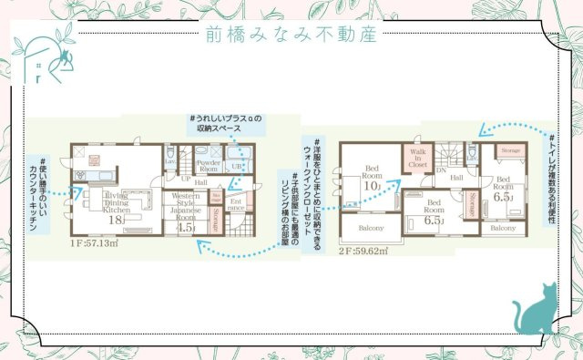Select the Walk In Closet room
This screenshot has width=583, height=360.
tap(419, 159)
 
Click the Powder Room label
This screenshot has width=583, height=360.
tap(209, 168)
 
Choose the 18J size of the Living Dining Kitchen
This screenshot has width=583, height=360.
tap(117, 219)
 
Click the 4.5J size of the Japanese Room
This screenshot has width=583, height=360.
tap(185, 228)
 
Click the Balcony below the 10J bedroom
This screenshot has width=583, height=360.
tap(371, 228)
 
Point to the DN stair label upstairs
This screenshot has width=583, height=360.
tap(441, 170)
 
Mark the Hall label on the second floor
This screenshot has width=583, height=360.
tap(456, 178)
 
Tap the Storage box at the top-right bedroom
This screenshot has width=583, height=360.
tap(511, 149)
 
